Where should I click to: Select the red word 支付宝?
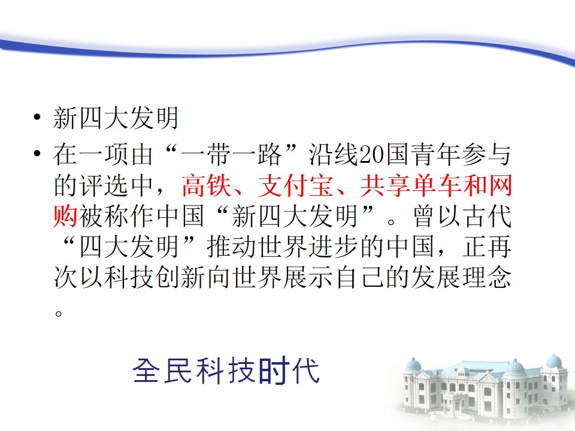(296, 185)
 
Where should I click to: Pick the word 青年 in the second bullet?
(436, 154)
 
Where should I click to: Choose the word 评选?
(104, 185)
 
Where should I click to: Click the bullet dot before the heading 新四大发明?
(37, 118)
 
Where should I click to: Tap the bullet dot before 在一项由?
(37, 153)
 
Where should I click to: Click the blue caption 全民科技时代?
(226, 371)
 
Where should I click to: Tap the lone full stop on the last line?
(58, 313)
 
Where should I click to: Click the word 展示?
(309, 277)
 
